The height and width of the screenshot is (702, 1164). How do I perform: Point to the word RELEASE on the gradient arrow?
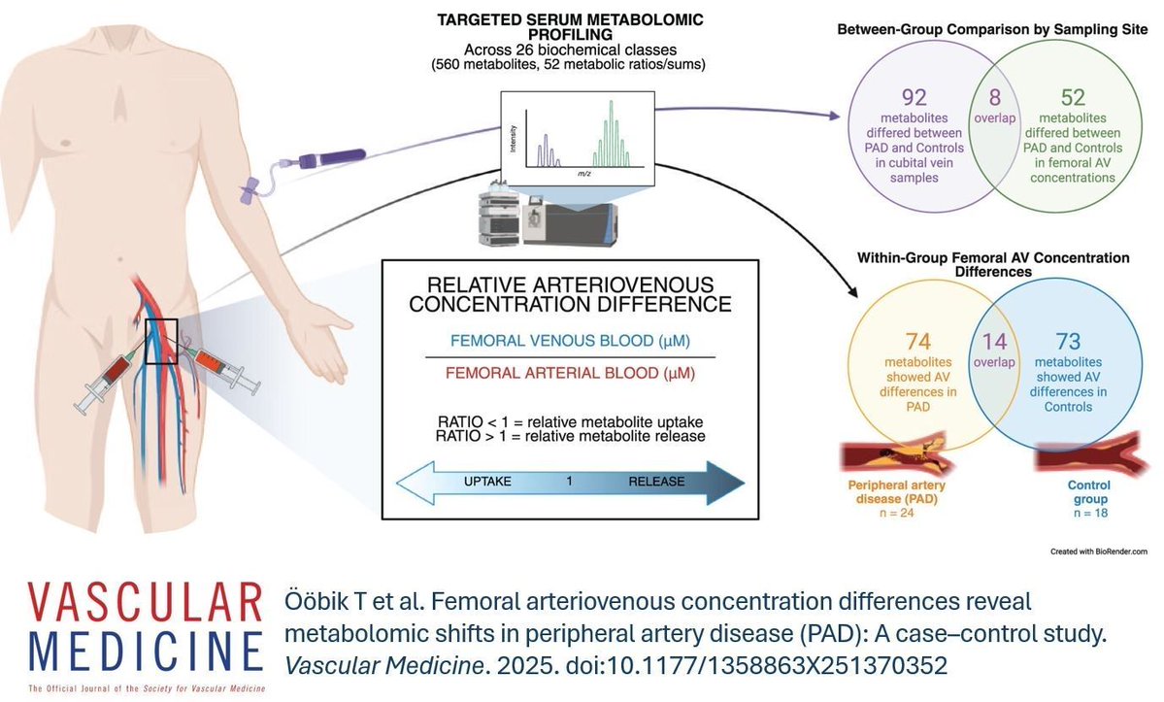click(656, 482)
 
